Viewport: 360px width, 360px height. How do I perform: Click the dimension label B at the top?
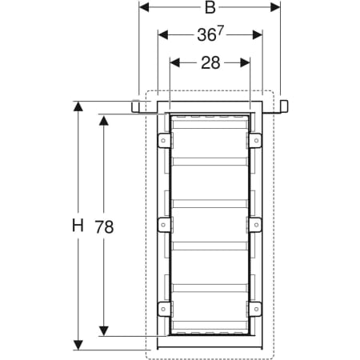210,8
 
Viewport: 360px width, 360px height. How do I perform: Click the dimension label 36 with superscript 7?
210,35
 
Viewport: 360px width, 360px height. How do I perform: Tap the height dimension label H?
77,226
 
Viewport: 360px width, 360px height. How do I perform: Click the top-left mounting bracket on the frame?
162,142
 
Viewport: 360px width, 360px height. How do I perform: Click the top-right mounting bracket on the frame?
256,142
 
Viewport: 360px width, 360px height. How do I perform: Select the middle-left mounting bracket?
162,224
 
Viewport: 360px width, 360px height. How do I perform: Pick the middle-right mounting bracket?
256,224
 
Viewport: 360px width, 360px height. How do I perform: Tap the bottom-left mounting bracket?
162,307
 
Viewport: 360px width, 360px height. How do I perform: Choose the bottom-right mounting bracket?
256,307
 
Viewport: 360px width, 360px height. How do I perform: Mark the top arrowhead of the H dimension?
78,106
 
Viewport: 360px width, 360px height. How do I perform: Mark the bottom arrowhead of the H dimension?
78,345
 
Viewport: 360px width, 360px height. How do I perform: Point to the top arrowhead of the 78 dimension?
104,118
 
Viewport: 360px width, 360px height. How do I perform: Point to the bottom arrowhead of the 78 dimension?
104,332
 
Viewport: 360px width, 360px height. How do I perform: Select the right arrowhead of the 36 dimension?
258,35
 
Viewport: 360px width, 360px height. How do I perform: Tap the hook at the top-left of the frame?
136,106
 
